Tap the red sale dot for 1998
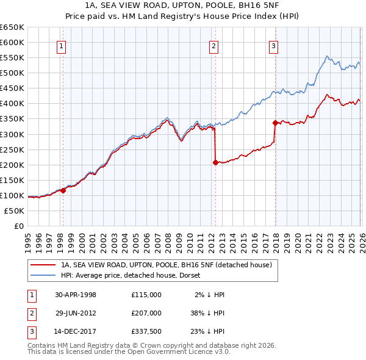tap(63, 190)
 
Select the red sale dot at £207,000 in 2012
tap(215, 162)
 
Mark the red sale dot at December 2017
tap(275, 123)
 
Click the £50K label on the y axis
tap(14, 211)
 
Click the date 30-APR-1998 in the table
tap(76, 295)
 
